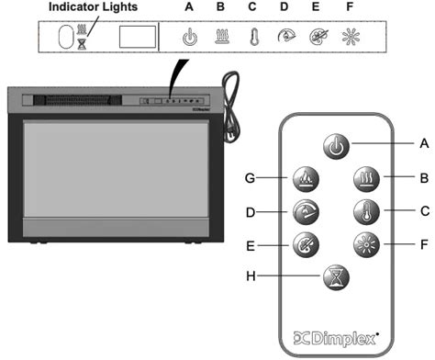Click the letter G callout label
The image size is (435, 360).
[x=251, y=178]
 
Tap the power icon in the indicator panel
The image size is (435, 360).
[x=190, y=39]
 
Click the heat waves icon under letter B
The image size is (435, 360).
[x=220, y=39]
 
